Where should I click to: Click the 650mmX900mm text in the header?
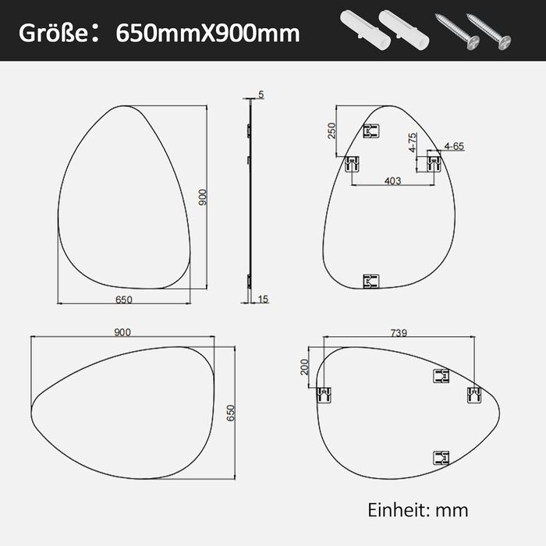[207, 34]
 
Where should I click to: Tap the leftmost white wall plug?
[360, 31]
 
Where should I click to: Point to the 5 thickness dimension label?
[261, 94]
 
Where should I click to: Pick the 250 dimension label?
[331, 129]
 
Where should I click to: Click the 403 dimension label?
[392, 181]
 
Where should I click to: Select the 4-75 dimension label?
[412, 146]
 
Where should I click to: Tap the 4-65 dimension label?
[453, 146]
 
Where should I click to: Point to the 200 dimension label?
[305, 367]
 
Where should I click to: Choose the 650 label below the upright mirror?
[123, 300]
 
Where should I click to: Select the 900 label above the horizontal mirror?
[122, 332]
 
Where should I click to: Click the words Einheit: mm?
[418, 510]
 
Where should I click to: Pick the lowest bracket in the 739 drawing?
[442, 458]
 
